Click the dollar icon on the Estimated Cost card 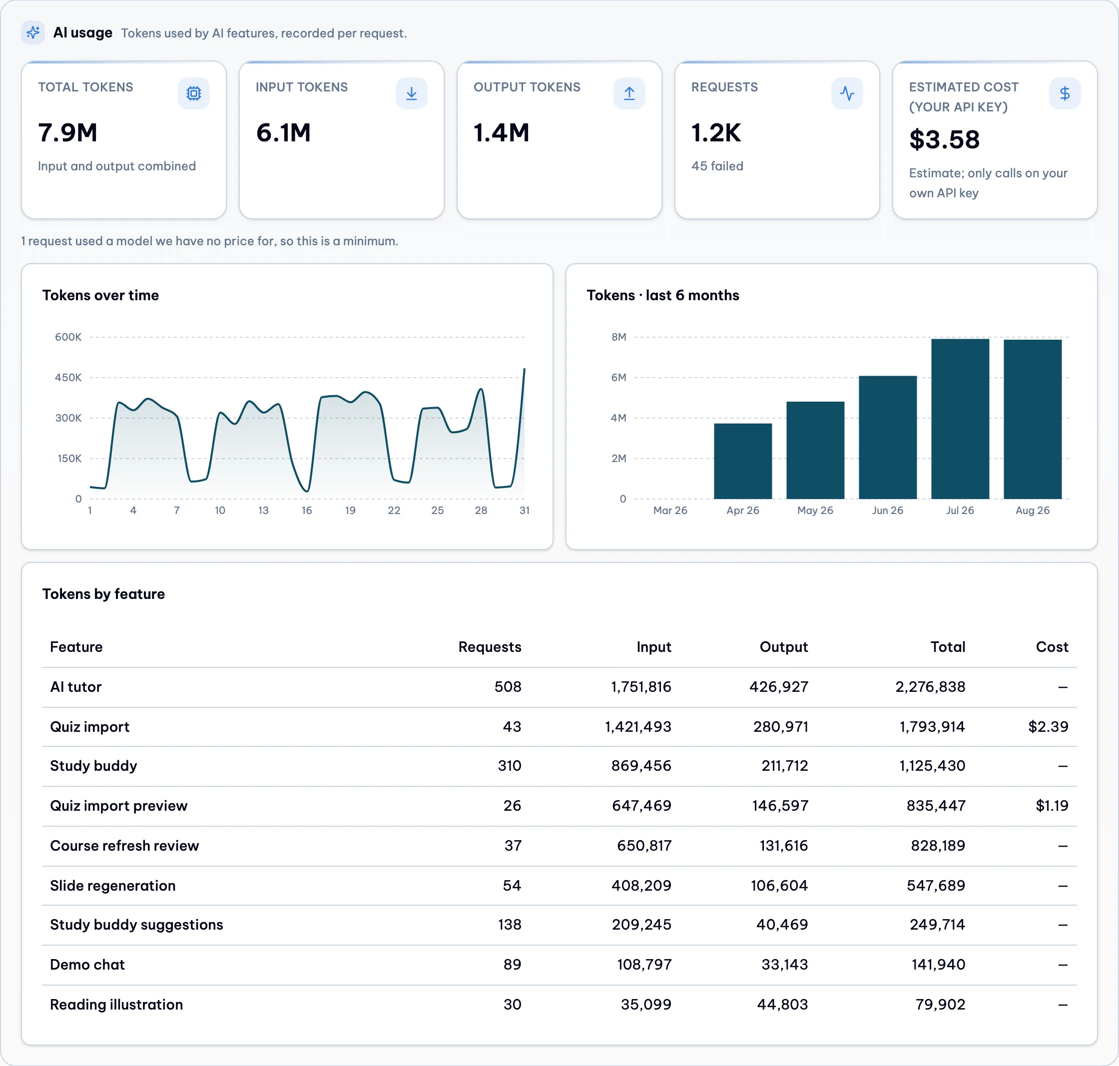(x=1065, y=93)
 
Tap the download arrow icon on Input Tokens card (x=412, y=93)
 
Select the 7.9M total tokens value (x=67, y=133)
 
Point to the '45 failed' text (x=717, y=166)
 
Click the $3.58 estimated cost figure (x=944, y=140)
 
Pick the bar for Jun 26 (x=888, y=437)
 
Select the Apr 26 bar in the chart (x=743, y=461)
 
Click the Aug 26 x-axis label (x=1033, y=510)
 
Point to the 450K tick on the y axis (x=68, y=377)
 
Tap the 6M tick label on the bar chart (x=619, y=377)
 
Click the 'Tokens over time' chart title (x=100, y=296)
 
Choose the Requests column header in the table (x=490, y=647)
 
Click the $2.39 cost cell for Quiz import (x=1049, y=726)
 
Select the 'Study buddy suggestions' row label (x=136, y=925)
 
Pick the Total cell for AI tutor (x=930, y=686)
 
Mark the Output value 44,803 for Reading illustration (x=783, y=1004)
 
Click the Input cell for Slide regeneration (x=641, y=885)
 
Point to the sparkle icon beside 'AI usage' (x=33, y=32)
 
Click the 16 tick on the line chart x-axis (x=307, y=510)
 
